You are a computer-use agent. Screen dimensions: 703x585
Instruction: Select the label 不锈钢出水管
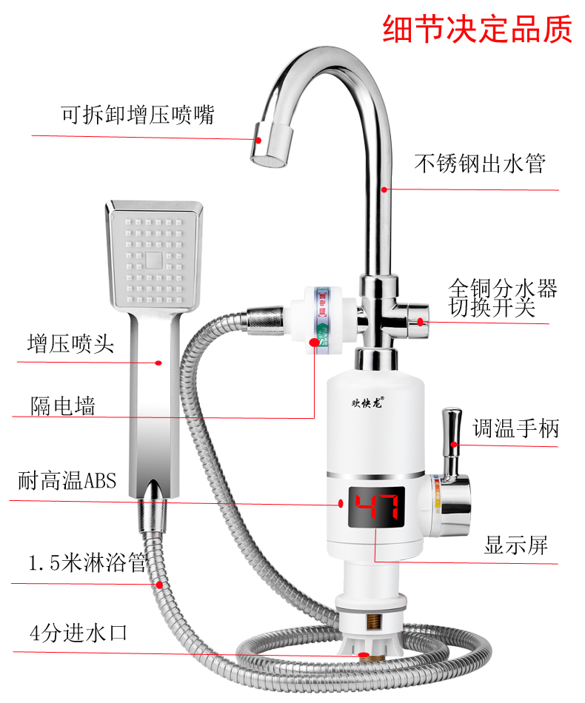[x=480, y=164]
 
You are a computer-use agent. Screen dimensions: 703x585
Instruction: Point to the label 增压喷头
[x=71, y=344]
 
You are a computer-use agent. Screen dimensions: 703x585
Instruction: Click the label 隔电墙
[x=63, y=405]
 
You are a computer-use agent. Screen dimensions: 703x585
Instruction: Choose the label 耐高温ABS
[x=67, y=480]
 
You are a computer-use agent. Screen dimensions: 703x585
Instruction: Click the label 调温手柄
[x=516, y=428]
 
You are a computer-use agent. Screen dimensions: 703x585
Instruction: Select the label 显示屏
[x=516, y=546]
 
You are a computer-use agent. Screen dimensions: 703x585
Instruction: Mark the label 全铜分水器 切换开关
[x=503, y=297]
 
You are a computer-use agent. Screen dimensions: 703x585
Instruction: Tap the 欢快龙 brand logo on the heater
[x=368, y=403]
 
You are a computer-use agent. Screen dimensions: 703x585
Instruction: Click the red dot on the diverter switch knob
[x=421, y=321]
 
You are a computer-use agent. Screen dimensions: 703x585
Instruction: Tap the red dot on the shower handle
[x=159, y=363]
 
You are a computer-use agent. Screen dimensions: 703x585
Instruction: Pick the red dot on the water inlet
[x=363, y=655]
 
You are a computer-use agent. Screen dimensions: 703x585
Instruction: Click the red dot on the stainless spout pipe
[x=384, y=189]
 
